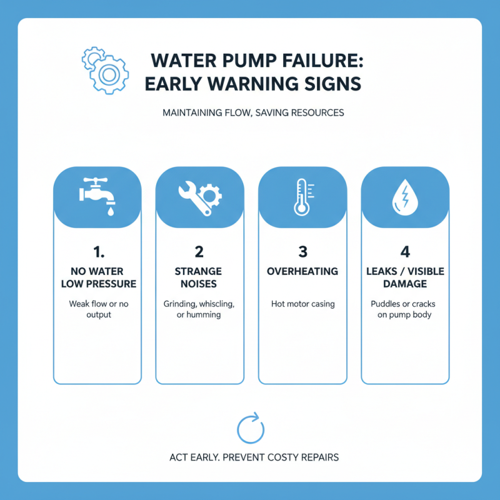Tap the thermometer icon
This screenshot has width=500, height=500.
(x=302, y=197)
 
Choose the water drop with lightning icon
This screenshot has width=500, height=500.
(x=405, y=197)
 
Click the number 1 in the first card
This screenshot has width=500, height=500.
(x=97, y=252)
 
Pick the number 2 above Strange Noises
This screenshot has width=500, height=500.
(x=199, y=252)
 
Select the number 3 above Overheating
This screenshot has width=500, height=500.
(x=303, y=252)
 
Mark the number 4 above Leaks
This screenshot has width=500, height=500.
(x=404, y=252)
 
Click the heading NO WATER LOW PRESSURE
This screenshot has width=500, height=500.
(x=97, y=277)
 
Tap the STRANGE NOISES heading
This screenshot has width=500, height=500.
(x=199, y=277)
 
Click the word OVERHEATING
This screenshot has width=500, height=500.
(x=303, y=271)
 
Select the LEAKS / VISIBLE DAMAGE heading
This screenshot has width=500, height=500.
(x=405, y=277)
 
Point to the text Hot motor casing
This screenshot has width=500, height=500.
(x=303, y=304)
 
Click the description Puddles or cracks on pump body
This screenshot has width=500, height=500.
(x=405, y=309)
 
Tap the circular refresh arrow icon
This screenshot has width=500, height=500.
(x=250, y=428)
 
